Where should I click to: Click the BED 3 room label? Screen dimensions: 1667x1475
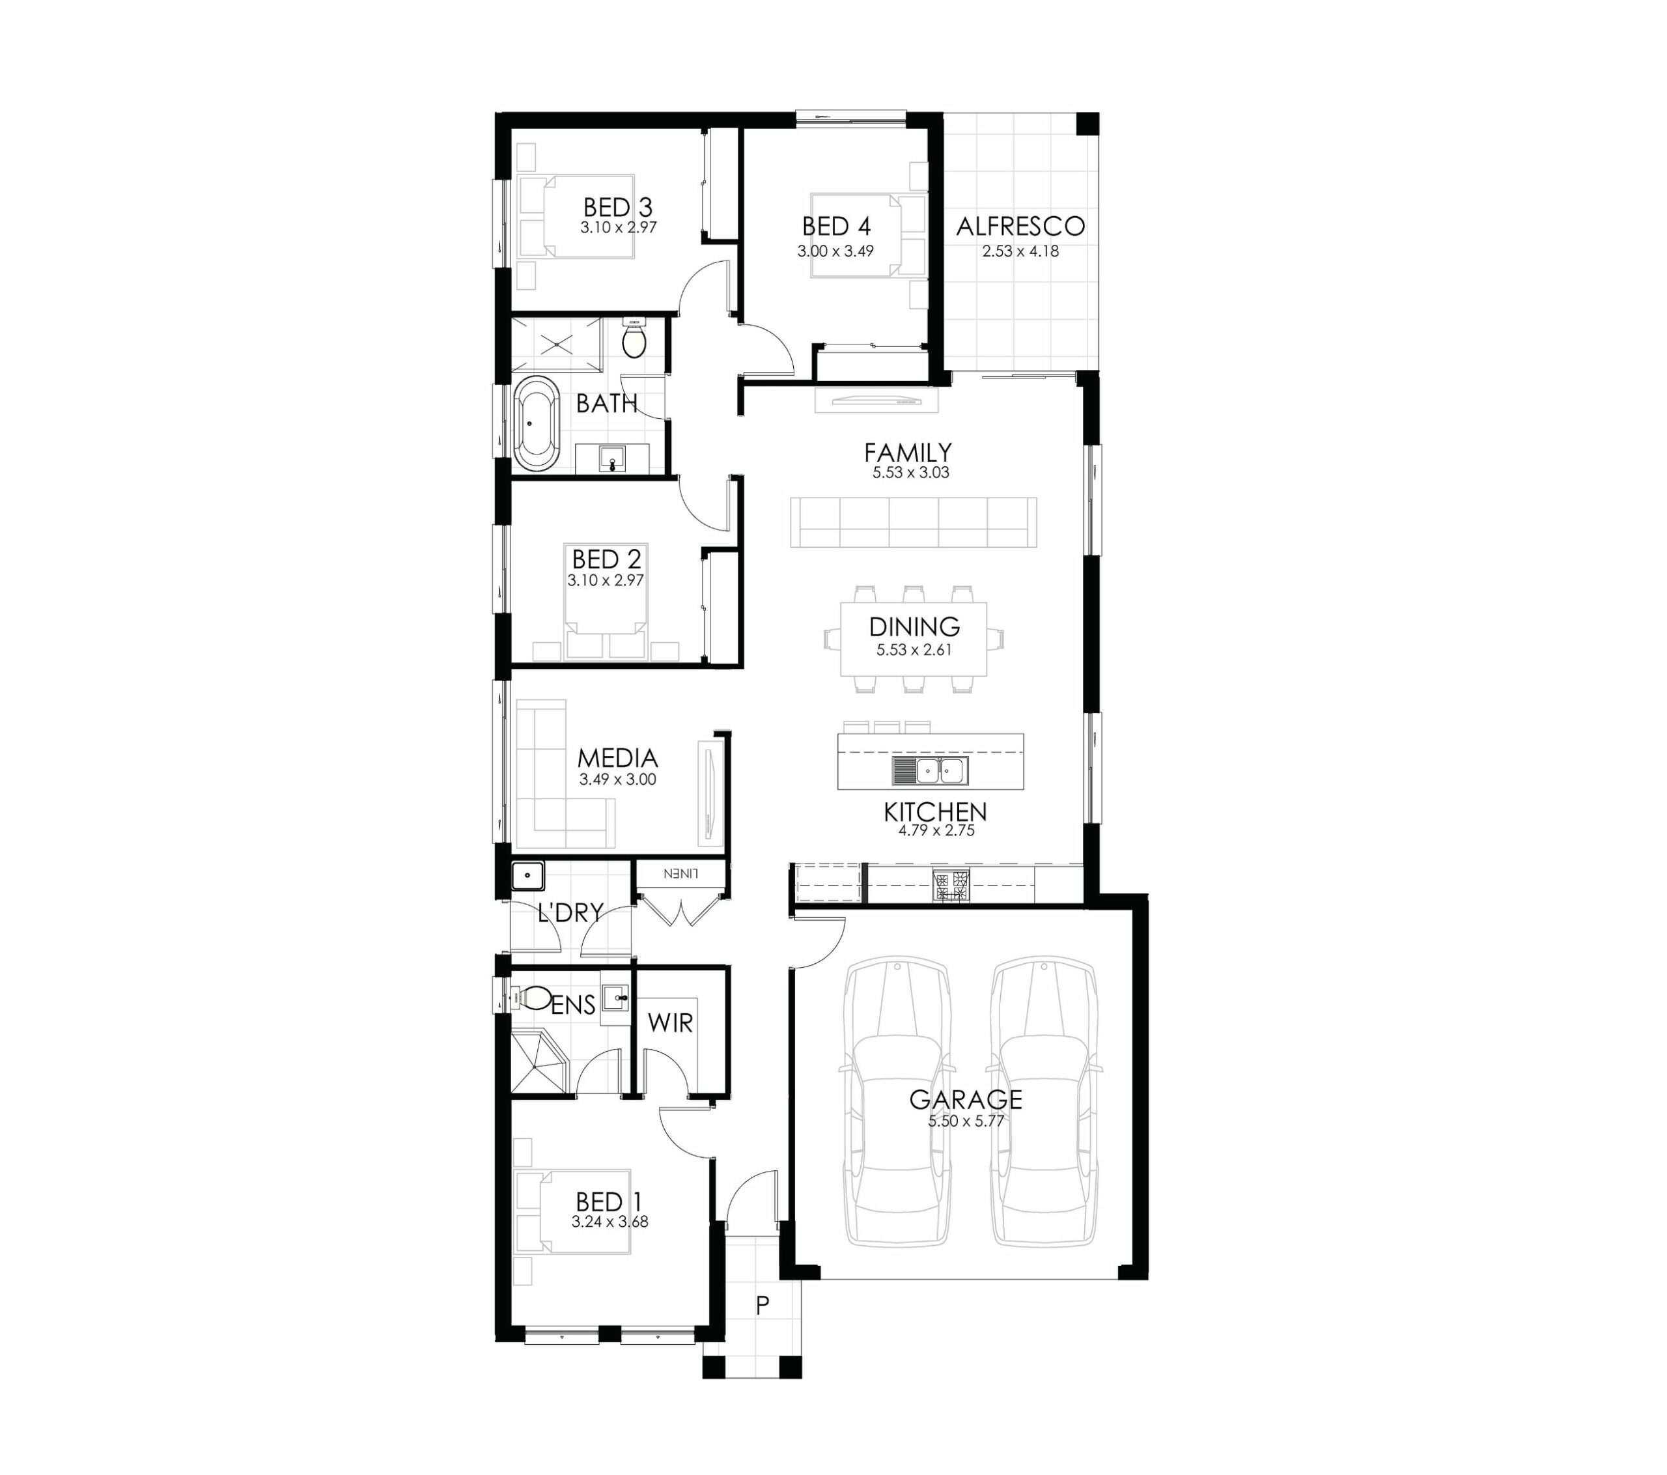(617, 207)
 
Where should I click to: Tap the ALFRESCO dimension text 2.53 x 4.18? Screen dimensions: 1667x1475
(1020, 251)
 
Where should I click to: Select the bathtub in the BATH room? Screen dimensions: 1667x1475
(536, 423)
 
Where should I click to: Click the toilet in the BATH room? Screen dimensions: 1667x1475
(634, 339)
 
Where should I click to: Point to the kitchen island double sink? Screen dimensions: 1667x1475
(931, 770)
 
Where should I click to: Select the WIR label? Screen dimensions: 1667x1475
(671, 1023)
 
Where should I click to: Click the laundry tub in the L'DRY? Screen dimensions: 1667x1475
(527, 876)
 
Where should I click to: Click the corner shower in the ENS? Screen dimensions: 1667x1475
(539, 1061)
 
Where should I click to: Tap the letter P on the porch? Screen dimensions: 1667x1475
(763, 1305)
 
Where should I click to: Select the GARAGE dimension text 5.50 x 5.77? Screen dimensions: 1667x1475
(966, 1121)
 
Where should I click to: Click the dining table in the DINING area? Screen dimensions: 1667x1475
(914, 639)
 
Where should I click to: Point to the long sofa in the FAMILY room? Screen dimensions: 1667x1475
(914, 522)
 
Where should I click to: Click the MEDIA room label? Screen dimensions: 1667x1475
(617, 758)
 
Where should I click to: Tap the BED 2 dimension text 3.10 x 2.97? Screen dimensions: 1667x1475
(606, 581)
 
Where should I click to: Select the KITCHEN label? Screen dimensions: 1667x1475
(936, 812)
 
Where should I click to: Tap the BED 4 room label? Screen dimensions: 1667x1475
(836, 226)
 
